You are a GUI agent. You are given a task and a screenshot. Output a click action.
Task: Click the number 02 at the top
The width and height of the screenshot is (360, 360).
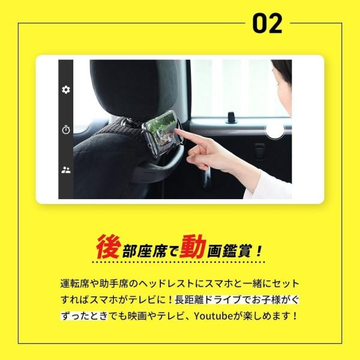[x=267, y=23]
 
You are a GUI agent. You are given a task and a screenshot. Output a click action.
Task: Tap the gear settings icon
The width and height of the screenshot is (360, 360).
[x=66, y=89]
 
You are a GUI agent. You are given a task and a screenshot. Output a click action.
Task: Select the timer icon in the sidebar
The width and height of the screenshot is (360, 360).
[x=66, y=130]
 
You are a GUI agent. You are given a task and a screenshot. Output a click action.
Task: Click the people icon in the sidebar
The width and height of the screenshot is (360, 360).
[x=66, y=170]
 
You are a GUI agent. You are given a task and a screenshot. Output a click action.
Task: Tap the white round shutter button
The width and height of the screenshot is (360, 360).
[x=274, y=130]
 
